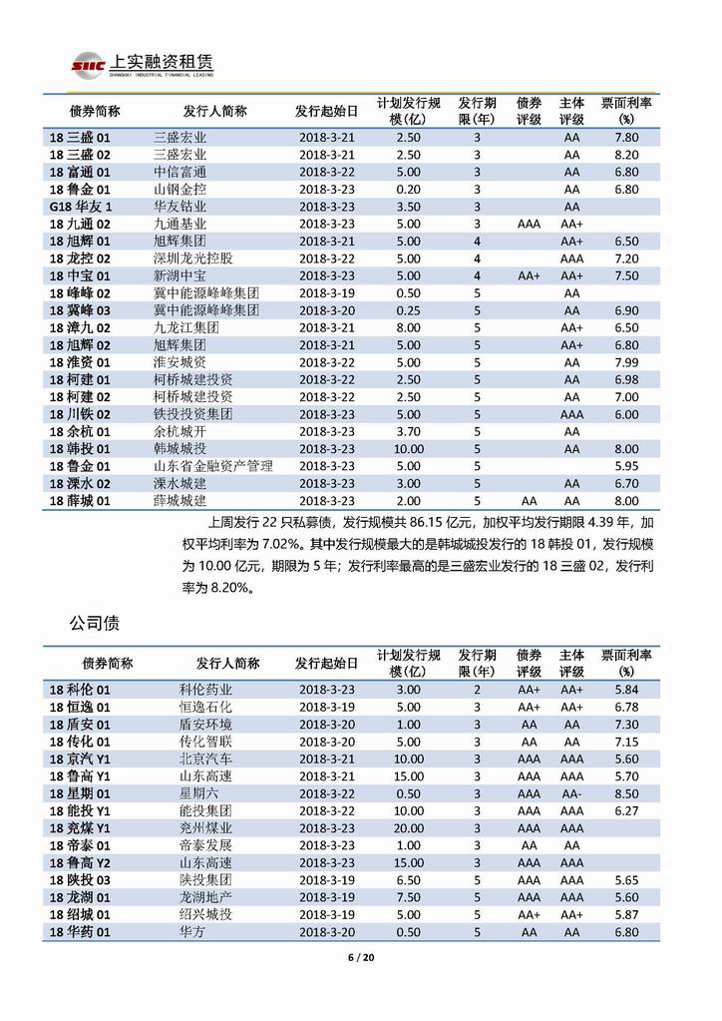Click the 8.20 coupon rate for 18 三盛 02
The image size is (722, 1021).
tap(626, 154)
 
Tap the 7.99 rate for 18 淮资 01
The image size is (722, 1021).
tap(626, 362)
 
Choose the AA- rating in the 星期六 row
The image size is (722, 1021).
tap(571, 792)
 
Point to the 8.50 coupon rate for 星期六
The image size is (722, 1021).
tap(626, 792)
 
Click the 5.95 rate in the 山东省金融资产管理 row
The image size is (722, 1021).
tap(626, 466)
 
